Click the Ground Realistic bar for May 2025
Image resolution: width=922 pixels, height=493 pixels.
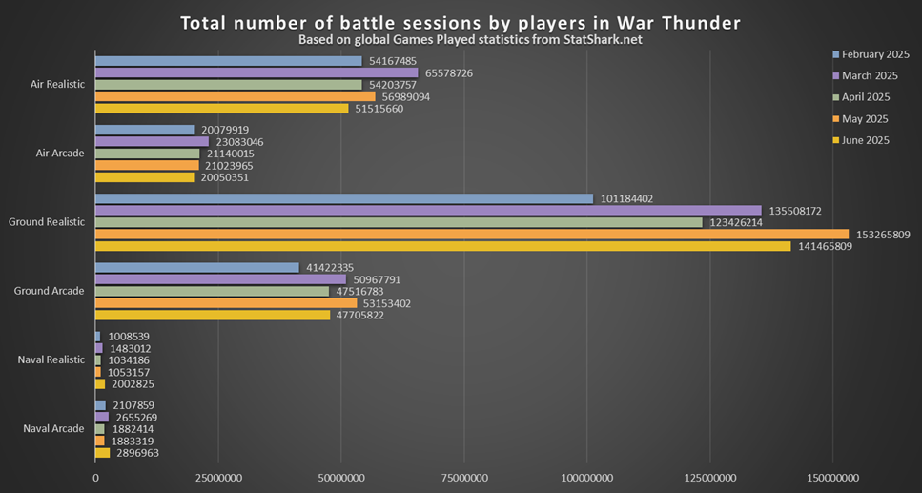[x=472, y=235]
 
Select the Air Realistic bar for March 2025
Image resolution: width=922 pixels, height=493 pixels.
[x=256, y=72]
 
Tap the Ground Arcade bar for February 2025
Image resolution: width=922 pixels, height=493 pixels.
[x=197, y=268]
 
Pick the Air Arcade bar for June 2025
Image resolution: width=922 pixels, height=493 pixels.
[x=145, y=177]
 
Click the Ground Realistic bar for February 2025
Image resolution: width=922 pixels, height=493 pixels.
[x=344, y=199]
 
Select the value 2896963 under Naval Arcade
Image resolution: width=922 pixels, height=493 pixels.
[x=137, y=453]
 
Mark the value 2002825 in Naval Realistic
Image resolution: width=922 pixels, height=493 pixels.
[x=133, y=384]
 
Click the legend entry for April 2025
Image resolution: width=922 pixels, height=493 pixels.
[x=864, y=97]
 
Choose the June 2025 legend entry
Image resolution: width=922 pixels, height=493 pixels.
[x=864, y=140]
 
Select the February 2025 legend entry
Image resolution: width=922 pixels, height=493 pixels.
[x=870, y=54]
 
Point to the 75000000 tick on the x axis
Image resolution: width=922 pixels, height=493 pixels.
[x=463, y=477]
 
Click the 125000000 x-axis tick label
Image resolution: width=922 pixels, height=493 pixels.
[x=710, y=477]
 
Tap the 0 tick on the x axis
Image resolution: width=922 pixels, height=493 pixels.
[x=95, y=477]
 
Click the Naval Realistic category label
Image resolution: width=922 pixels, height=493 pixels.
[x=51, y=360]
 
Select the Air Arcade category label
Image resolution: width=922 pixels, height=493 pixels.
[x=59, y=154]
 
